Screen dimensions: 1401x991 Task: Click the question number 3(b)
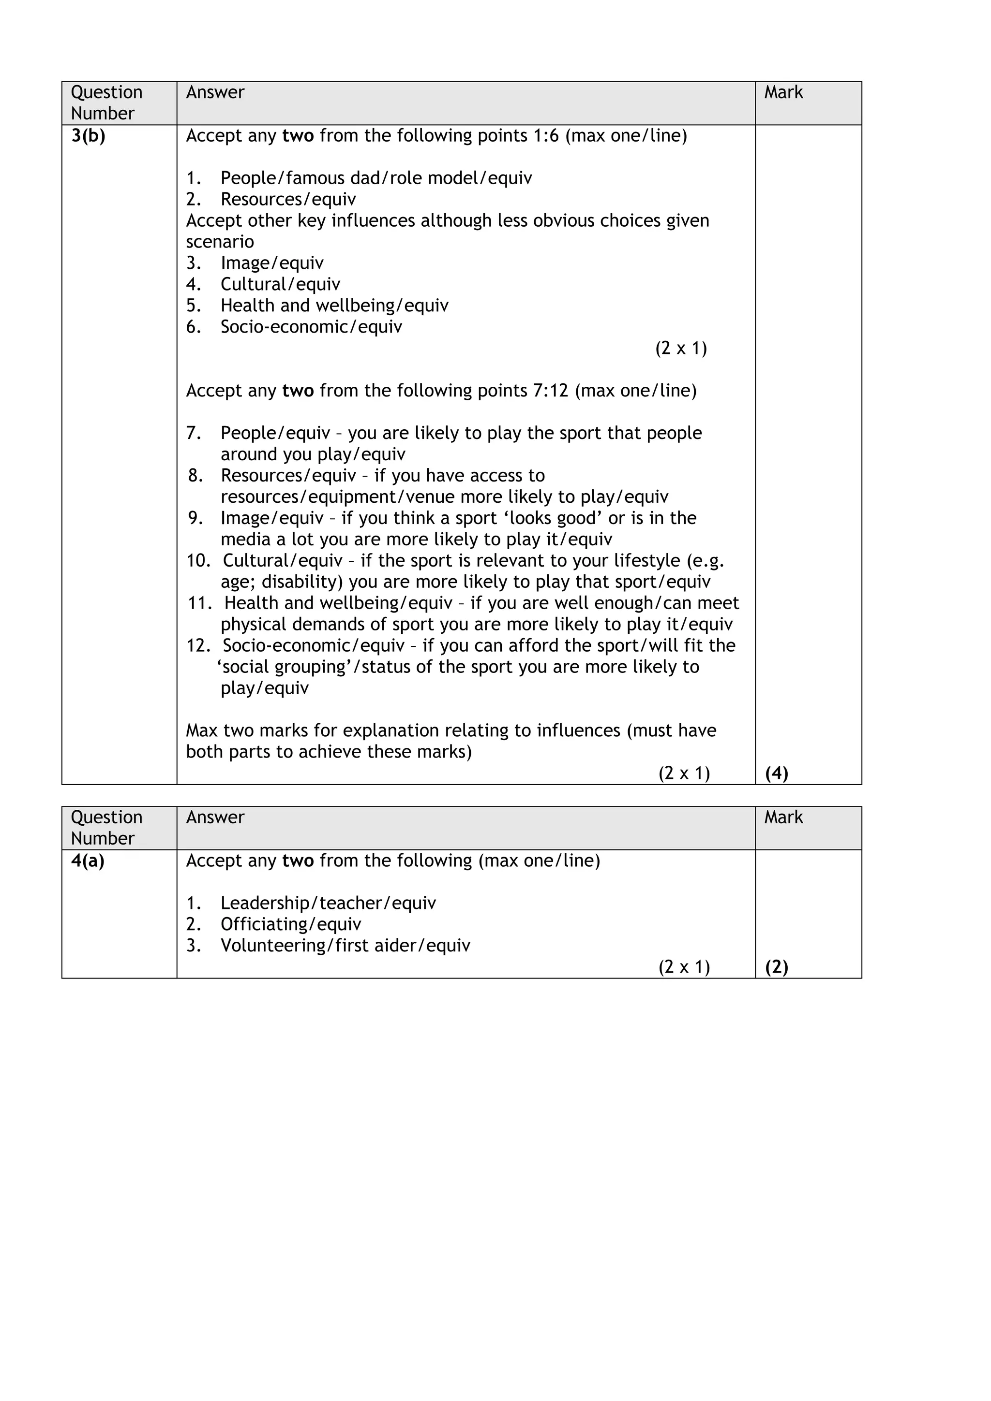pyautogui.click(x=88, y=136)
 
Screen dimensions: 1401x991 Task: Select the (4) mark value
pyautogui.click(x=776, y=773)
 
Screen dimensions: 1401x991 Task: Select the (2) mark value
pyautogui.click(x=776, y=967)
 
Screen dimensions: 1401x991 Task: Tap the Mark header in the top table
pyautogui.click(x=783, y=93)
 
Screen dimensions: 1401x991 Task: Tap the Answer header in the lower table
pyautogui.click(x=215, y=817)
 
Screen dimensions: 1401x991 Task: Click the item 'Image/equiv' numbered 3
pyautogui.click(x=272, y=263)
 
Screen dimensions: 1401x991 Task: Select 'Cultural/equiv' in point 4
pyautogui.click(x=280, y=284)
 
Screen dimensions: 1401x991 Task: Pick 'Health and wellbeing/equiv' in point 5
pyautogui.click(x=334, y=306)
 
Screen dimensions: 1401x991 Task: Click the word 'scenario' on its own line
pyautogui.click(x=220, y=242)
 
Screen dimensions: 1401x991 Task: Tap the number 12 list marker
pyautogui.click(x=198, y=645)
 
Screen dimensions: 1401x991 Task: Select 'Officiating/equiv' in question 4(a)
pyautogui.click(x=291, y=924)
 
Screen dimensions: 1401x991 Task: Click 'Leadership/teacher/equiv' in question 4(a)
pyautogui.click(x=328, y=903)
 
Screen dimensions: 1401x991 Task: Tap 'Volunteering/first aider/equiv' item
pyautogui.click(x=345, y=946)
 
